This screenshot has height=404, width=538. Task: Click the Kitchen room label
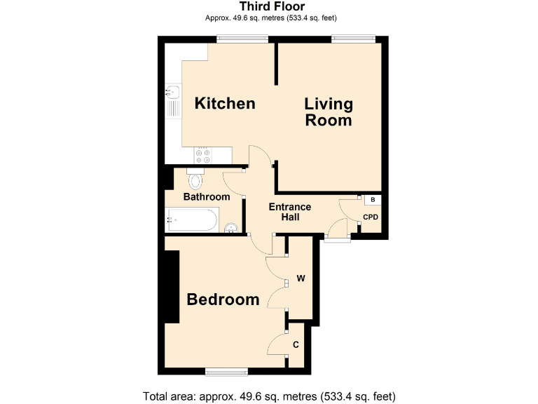click(x=224, y=104)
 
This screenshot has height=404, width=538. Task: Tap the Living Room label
click(x=329, y=112)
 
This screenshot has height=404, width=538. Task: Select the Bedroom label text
click(x=223, y=299)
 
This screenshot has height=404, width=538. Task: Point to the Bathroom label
click(x=207, y=197)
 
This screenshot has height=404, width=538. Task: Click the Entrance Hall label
click(x=290, y=213)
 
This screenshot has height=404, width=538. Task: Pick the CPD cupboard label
click(x=371, y=217)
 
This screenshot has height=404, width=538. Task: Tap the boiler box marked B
click(x=372, y=200)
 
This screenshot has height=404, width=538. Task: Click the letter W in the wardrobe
click(x=301, y=278)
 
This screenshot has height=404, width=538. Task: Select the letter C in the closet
click(x=296, y=344)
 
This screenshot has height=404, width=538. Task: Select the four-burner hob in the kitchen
click(x=204, y=155)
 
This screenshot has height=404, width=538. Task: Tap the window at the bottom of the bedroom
click(x=226, y=370)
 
